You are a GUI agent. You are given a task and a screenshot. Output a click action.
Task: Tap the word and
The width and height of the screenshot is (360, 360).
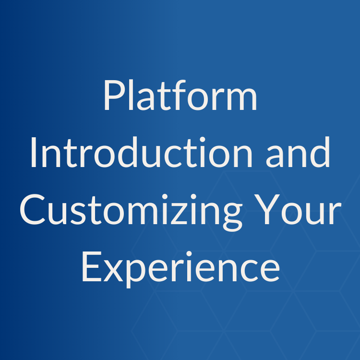[301, 153]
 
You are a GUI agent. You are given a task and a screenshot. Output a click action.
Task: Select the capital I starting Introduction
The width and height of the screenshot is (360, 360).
[34, 153]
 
